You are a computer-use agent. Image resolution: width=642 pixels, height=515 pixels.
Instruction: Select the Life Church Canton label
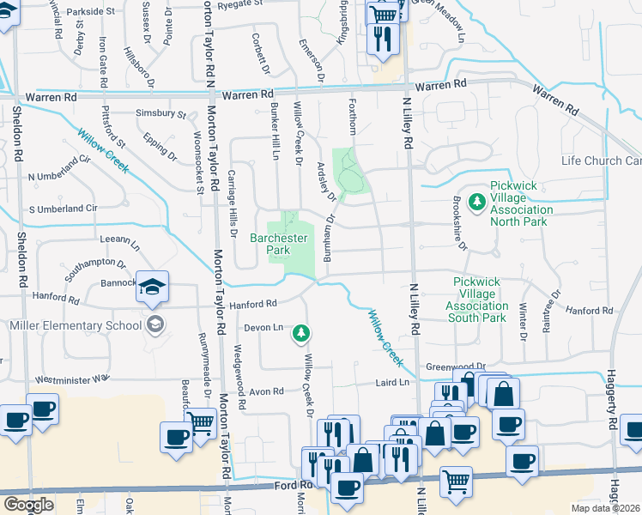[601, 161]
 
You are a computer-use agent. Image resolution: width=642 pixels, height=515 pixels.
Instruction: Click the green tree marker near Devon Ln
[301, 331]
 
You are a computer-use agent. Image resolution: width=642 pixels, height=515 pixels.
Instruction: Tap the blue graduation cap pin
[152, 288]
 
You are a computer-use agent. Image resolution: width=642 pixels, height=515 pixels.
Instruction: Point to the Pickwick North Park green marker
[479, 202]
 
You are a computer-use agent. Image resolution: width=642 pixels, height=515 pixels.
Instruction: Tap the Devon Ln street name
[263, 328]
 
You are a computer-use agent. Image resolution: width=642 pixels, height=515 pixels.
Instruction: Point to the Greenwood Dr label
[456, 365]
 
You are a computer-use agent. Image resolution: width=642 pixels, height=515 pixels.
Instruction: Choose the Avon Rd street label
[266, 391]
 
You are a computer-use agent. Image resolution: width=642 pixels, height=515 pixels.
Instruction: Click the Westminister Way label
[72, 378]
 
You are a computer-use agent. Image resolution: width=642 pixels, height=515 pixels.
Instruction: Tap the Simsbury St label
[160, 113]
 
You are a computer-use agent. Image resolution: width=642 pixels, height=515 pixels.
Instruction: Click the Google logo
[27, 505]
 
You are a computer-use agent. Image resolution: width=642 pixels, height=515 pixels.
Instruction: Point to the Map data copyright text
[605, 508]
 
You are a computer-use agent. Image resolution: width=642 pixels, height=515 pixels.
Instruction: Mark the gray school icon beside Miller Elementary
[154, 324]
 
